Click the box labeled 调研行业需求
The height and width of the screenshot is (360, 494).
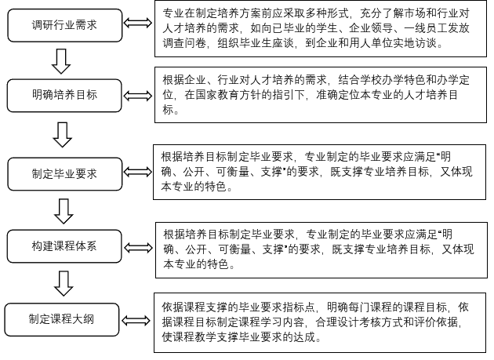65,26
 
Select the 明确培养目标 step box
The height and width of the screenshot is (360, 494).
65,96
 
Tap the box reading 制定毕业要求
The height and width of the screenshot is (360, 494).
65,173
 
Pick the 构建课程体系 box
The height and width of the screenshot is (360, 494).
65,245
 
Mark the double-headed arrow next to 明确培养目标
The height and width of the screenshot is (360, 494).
140,96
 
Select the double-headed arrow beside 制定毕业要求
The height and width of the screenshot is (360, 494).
138,172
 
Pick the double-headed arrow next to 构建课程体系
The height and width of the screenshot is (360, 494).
139,246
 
